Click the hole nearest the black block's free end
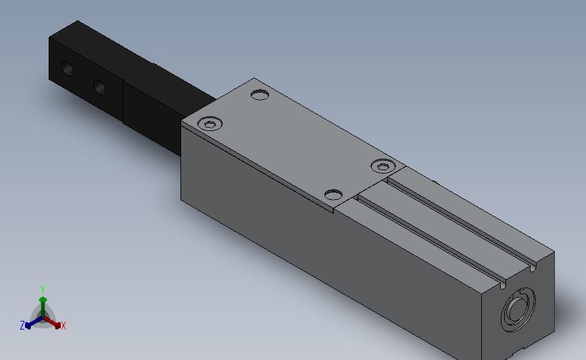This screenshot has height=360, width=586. coord(67,68)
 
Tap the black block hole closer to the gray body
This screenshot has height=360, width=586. coord(99,86)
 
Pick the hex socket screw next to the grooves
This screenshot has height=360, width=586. coord(383,165)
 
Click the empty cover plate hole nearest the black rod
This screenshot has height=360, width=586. coord(260,94)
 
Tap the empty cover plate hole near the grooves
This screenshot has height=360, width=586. coord(333,195)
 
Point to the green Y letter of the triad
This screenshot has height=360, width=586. coord(43,289)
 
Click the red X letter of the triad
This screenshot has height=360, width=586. coord(64,326)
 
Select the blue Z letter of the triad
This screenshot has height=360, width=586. coord(22,326)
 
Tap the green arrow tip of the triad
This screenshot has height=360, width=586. coord(43,299)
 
